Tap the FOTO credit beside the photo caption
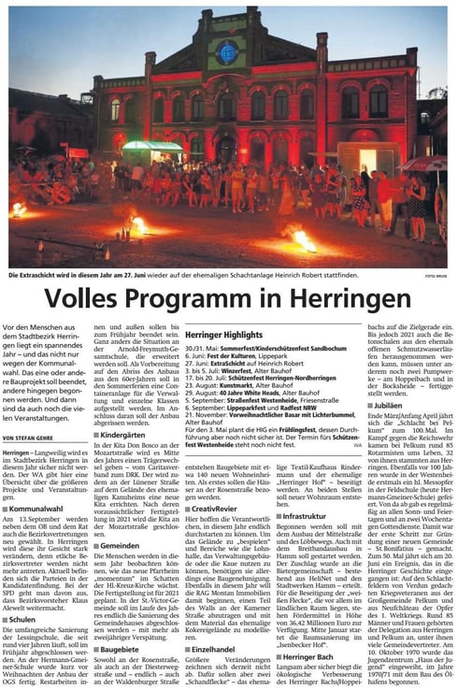tap(437, 276)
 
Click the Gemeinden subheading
tap(122, 545)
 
